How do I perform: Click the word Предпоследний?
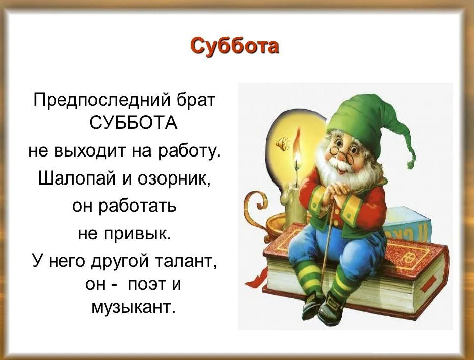[102, 100]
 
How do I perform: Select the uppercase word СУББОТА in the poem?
[133, 123]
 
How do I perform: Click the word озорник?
[174, 179]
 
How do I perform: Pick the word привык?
[138, 234]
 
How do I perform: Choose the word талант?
[186, 261]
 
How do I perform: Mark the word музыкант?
[133, 308]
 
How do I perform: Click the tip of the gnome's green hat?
[410, 165]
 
